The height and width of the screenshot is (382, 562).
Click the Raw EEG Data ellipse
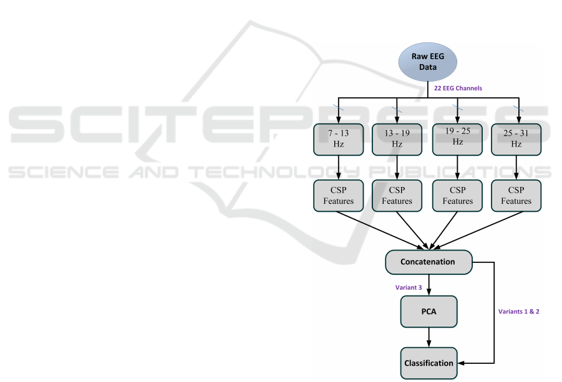pos(428,61)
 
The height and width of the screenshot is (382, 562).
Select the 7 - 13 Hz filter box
pos(339,139)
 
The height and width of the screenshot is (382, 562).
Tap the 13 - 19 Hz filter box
pos(397,139)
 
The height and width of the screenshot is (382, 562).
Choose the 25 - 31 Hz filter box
pos(516,139)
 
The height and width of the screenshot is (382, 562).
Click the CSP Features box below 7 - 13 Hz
pos(339,196)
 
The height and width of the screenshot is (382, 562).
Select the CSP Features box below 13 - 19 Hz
pos(397,196)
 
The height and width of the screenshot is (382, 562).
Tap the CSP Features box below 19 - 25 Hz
pos(457,196)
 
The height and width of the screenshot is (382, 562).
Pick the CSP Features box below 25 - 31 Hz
pos(516,196)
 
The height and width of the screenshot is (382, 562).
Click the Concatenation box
pos(428,262)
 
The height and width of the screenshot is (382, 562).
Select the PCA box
pos(428,311)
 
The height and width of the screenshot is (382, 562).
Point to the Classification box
pos(428,363)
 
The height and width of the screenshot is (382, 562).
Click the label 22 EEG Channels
pos(458,88)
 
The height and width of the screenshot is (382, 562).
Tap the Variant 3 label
pos(409,287)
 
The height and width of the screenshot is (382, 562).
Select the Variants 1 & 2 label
pos(518,311)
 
